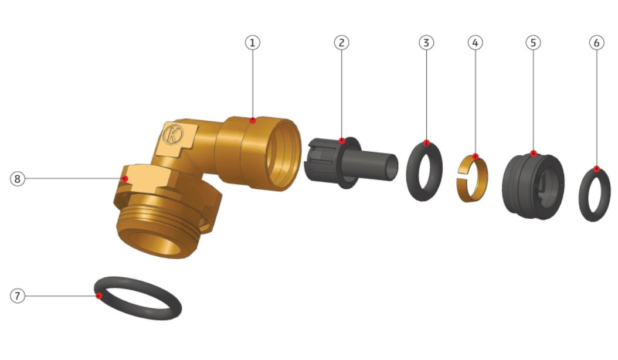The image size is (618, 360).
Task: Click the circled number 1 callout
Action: pyautogui.click(x=253, y=43)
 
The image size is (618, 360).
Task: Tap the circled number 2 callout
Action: pyautogui.click(x=341, y=43)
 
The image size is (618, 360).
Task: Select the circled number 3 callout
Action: pyautogui.click(x=426, y=43)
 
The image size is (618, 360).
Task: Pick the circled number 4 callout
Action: pyautogui.click(x=475, y=43)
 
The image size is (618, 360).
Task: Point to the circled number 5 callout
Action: pyautogui.click(x=533, y=43)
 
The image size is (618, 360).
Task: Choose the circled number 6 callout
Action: pyautogui.click(x=596, y=43)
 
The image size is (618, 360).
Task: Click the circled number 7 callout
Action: pyautogui.click(x=18, y=296)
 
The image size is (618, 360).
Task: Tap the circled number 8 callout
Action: pyautogui.click(x=18, y=179)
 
